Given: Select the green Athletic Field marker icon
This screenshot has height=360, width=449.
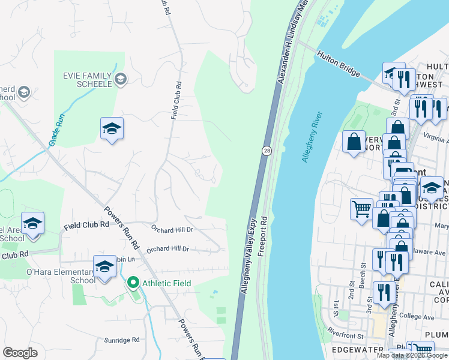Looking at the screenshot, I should coord(132,282).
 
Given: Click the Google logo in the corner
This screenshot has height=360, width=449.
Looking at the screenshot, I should coord(20,353).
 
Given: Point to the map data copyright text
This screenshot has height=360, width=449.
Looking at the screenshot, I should coord(412,355).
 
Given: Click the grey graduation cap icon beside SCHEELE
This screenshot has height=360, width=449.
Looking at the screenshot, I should coord(121,79).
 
